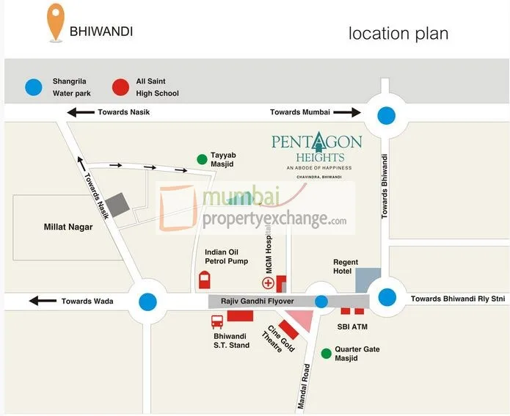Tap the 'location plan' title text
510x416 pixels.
pos(398,33)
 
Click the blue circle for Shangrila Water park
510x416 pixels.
pos(34,87)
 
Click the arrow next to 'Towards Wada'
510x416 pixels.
pos(43,301)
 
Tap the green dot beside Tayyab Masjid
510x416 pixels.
pos(201,158)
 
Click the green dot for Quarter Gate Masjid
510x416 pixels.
pos(326,354)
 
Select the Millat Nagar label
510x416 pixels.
pos(68,227)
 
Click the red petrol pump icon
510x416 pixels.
pos(204,280)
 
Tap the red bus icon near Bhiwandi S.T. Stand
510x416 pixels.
pos(217,321)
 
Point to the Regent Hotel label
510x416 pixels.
pos(346,266)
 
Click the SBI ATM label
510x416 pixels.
pos(352,326)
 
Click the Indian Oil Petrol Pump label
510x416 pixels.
pos(226,256)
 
